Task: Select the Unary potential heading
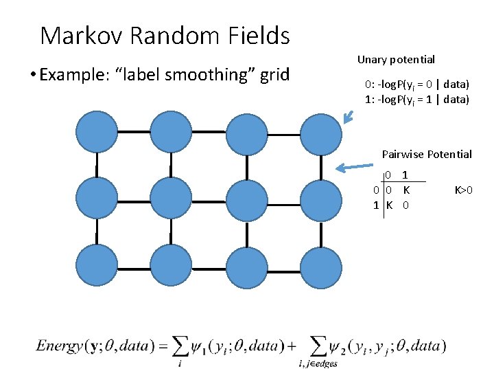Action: pos(396,60)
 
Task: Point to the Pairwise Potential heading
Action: pos(427,154)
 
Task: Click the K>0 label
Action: pos(464,189)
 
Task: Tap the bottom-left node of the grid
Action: pos(95,266)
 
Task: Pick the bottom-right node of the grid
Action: pos(320,266)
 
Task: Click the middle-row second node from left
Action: pos(171,199)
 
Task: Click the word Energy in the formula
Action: pos(60,346)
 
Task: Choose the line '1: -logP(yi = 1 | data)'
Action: pos(416,100)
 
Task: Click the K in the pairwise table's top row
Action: pos(406,189)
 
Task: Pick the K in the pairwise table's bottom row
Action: pos(389,204)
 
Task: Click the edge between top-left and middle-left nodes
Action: pos(95,165)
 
